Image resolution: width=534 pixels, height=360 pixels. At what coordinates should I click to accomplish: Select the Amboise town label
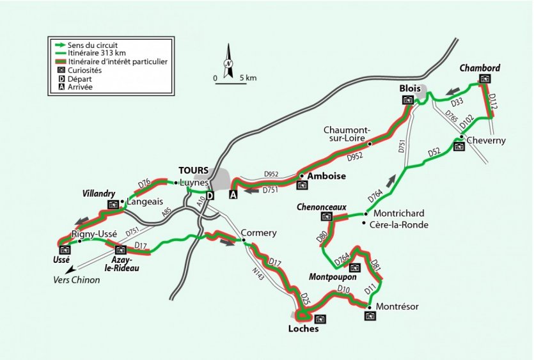point(327,176)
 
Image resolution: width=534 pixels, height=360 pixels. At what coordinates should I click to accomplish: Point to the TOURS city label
point(193,170)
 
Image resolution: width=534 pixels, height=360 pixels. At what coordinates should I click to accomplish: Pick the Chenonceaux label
point(321,207)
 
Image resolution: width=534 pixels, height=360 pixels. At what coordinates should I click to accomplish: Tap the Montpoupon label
point(332,277)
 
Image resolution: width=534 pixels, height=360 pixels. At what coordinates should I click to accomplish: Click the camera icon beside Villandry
point(113,205)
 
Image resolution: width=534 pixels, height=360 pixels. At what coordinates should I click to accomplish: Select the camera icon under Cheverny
point(459,146)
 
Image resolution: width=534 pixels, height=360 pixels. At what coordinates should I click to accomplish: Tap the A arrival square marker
point(233,195)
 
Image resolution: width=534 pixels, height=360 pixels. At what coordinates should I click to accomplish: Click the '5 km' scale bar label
point(248,78)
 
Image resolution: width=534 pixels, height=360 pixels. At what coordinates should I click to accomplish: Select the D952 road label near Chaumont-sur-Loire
point(356,157)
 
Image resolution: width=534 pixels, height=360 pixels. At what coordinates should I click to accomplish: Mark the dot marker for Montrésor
point(369,308)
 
